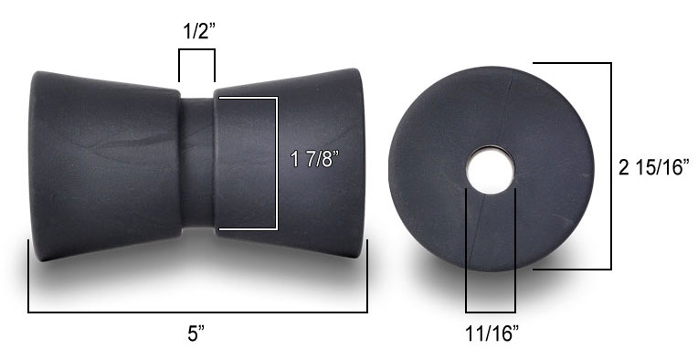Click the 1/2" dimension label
coord(196,29)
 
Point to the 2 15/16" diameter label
coord(653,167)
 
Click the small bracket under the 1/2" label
coord(196,53)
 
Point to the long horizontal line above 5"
coord(197,312)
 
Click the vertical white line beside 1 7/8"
coord(276,163)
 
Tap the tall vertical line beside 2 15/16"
coord(610,166)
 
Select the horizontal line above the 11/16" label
coord(491,312)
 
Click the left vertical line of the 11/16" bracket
coord(467,251)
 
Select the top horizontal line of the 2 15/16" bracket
coord(571,63)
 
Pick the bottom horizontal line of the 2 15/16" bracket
coord(571,270)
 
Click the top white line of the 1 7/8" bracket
coord(245,97)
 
